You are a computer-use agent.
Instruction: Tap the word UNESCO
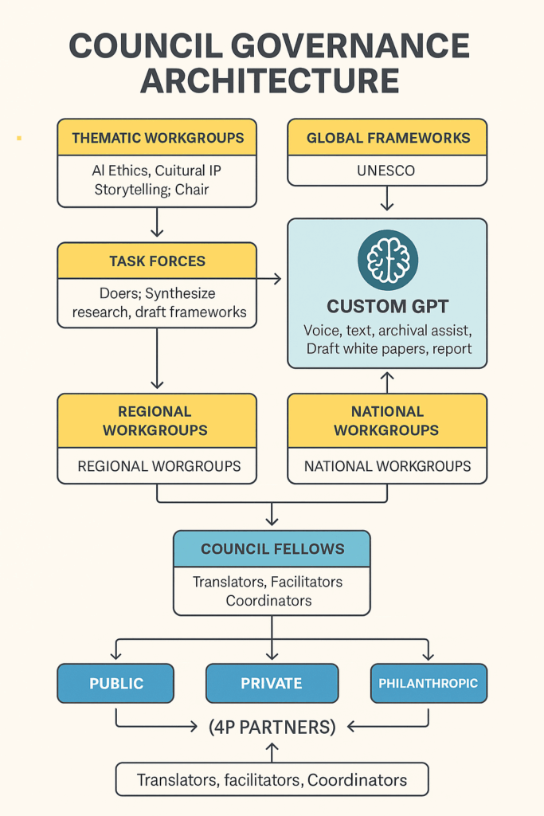pos(387,171)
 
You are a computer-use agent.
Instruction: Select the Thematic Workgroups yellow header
pos(157,137)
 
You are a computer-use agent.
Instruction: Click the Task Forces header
pos(157,261)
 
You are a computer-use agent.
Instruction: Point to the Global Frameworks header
pos(387,137)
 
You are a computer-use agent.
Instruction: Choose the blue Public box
pos(115,683)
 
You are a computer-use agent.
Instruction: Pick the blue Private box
pos(272,683)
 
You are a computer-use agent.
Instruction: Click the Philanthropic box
pos(428,683)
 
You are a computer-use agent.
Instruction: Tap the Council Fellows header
pos(272,549)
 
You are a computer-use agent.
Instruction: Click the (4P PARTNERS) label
pos(272,727)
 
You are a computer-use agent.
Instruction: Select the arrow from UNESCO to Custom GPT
pos(387,198)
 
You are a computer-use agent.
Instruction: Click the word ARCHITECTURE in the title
pos(272,81)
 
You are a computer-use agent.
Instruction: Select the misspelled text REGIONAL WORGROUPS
pos(157,466)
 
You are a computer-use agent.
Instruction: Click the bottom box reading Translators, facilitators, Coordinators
pos(272,779)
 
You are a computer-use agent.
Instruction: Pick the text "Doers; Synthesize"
pos(157,294)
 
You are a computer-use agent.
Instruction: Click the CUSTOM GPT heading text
pos(387,306)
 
